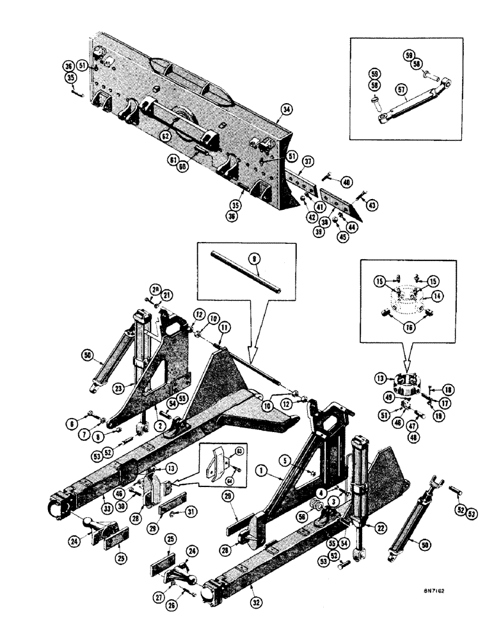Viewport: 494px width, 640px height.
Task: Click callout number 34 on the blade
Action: pyautogui.click(x=285, y=110)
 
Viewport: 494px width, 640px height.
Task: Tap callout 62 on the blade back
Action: pyautogui.click(x=165, y=136)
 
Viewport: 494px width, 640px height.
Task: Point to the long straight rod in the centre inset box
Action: pyautogui.click(x=246, y=276)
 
